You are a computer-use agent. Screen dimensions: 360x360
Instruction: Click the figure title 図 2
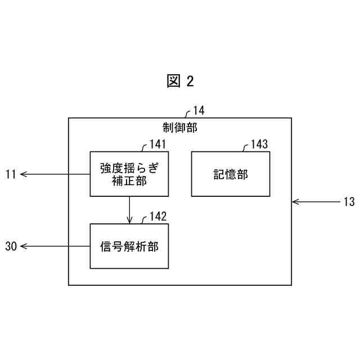[180, 81]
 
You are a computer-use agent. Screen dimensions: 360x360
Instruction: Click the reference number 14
[199, 110]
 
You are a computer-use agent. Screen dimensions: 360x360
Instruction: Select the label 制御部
[180, 127]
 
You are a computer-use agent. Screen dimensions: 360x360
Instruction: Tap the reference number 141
[157, 145]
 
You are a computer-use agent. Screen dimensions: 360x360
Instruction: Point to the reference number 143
[259, 145]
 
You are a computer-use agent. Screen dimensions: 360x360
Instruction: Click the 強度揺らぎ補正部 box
[129, 173]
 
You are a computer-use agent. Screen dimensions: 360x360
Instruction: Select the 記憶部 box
[230, 173]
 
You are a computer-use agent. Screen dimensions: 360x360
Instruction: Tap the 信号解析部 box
[129, 246]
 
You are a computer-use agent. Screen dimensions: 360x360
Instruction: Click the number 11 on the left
[11, 174]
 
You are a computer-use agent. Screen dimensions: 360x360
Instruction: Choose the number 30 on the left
[11, 246]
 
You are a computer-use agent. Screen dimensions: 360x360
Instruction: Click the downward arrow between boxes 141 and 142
[129, 209]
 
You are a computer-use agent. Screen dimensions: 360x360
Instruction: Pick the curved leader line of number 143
[245, 148]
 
